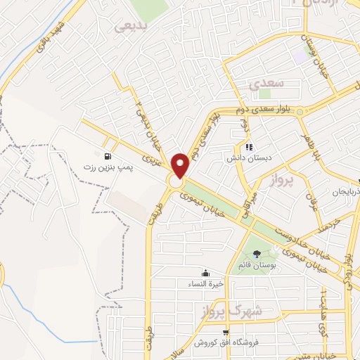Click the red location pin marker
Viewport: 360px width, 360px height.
(181, 165)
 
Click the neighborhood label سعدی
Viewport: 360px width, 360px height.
(266, 83)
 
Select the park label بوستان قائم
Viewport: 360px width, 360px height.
(256, 266)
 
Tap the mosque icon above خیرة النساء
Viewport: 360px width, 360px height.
(205, 273)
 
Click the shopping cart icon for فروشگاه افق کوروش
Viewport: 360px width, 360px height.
(224, 332)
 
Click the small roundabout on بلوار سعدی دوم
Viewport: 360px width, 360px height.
(300, 111)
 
